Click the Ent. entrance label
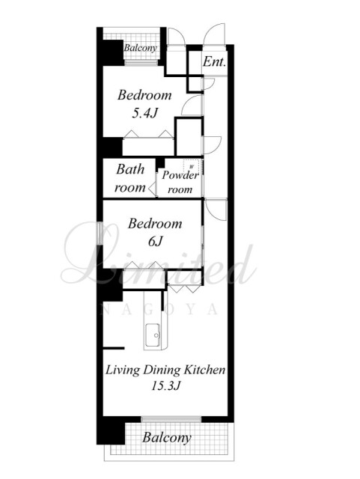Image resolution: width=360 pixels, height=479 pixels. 215,61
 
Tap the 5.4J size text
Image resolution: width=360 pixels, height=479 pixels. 144,113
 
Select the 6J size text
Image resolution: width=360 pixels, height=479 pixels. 155,241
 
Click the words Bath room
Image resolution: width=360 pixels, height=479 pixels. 130,178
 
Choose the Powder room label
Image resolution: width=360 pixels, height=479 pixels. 180,182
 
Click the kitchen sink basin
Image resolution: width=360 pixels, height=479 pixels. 153,335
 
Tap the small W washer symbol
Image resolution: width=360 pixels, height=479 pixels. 192,167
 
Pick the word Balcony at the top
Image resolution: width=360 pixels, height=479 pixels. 141,48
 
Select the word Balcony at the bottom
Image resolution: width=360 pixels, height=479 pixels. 167,437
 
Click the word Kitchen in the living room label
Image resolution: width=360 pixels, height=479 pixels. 204,370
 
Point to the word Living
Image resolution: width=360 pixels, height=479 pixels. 123,370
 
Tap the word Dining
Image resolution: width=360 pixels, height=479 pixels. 162,370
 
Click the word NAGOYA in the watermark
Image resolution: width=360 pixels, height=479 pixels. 159,309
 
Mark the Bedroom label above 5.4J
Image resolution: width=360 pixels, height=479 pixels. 144,95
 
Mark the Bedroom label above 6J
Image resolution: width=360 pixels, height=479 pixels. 155,223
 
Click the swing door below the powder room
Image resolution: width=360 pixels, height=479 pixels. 216,209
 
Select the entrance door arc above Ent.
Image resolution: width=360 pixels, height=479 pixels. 214,34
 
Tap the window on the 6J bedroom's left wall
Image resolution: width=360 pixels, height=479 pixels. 100,233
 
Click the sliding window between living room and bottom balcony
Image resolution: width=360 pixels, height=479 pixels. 171,419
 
